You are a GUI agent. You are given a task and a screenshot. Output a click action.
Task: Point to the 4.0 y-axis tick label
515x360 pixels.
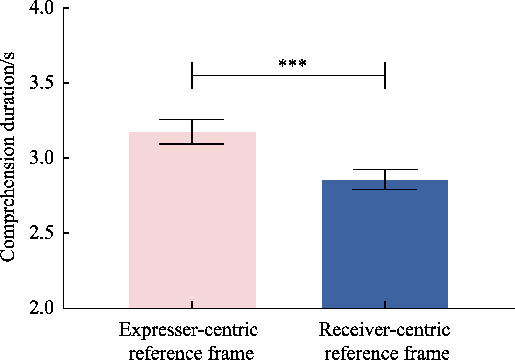click(x=42, y=8)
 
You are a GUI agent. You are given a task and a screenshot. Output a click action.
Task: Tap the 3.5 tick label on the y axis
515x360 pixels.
click(x=42, y=83)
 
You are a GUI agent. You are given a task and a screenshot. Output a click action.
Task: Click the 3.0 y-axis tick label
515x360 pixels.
click(x=42, y=158)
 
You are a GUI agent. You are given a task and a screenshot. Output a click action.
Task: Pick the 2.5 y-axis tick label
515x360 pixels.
click(x=42, y=233)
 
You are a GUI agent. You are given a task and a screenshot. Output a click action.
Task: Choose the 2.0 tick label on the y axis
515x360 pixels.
click(x=42, y=308)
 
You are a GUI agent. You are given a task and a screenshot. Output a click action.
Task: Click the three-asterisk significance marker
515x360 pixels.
click(x=292, y=64)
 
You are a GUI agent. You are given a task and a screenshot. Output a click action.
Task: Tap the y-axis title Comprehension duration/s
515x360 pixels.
click(x=8, y=157)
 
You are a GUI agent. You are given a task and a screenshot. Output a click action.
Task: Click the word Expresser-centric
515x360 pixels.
click(x=188, y=330)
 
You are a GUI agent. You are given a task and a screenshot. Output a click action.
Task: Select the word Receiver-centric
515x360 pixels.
click(x=384, y=330)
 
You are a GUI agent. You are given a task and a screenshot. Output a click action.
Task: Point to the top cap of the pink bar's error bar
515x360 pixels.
click(x=192, y=119)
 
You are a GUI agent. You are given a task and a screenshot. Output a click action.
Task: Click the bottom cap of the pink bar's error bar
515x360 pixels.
click(x=192, y=144)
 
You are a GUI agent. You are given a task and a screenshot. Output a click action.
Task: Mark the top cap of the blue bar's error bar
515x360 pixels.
click(x=385, y=170)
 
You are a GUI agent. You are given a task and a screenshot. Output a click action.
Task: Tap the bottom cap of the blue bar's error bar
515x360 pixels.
click(x=385, y=190)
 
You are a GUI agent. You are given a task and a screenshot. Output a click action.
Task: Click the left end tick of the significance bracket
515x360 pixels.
click(x=192, y=75)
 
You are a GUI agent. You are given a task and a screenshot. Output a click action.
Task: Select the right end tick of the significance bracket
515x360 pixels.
click(x=385, y=75)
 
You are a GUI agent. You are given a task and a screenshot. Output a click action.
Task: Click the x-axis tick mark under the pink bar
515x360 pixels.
click(x=192, y=304)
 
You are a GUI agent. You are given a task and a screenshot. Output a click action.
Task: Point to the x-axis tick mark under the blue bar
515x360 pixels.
click(x=385, y=304)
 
